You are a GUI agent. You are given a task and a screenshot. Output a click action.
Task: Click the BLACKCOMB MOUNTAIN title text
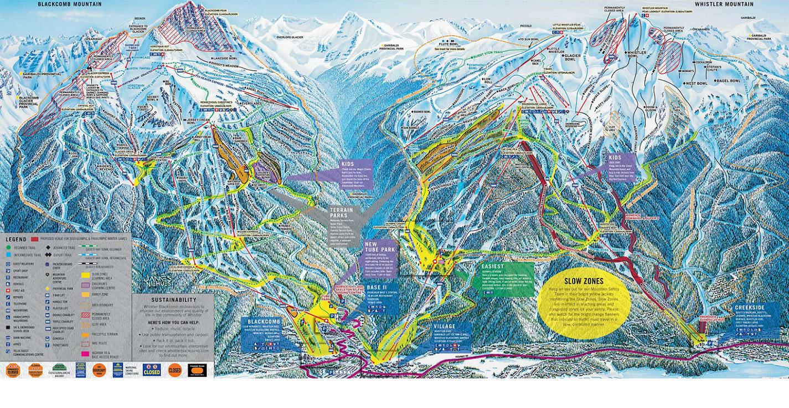(70, 4)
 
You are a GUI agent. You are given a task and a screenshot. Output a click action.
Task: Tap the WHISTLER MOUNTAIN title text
(724, 4)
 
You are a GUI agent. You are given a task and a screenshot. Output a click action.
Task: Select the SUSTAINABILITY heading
(171, 299)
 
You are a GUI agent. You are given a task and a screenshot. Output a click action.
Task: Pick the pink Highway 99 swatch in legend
(85, 354)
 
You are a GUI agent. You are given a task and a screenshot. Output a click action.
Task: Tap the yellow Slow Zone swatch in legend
(85, 273)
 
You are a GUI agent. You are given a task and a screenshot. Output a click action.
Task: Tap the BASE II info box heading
(376, 288)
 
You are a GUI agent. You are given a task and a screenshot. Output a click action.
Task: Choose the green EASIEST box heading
(492, 266)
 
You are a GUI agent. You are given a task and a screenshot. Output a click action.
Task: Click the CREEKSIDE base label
(750, 308)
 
